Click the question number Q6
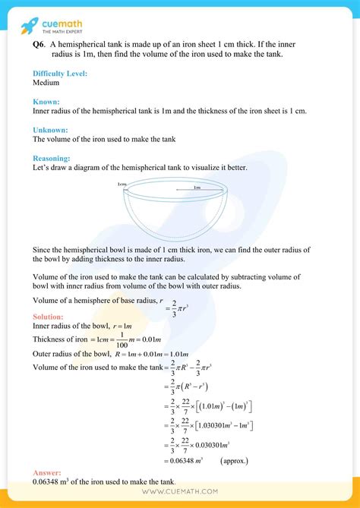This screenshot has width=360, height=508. pos(39,45)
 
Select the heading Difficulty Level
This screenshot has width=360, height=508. pos(60,73)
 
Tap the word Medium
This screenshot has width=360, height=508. pos(46,82)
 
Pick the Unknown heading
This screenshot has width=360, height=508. pos(50,130)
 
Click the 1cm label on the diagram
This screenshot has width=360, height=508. pos(122,185)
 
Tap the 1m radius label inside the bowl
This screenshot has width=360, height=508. pos(197,188)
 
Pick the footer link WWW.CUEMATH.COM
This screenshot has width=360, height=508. pos(180,492)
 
